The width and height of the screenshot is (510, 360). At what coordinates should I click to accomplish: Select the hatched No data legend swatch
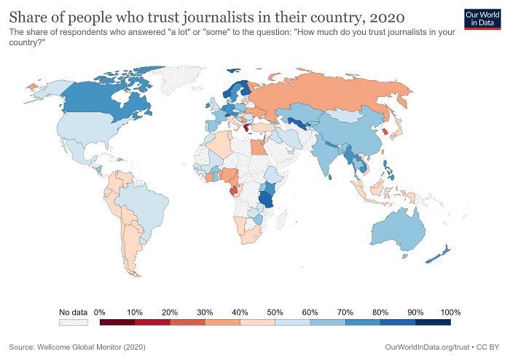[x=73, y=322]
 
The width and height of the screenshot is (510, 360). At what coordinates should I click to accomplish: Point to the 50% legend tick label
[x=275, y=312]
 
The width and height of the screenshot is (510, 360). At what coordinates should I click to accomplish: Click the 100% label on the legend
[x=450, y=312]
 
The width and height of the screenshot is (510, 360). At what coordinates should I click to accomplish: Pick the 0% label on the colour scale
[x=101, y=312]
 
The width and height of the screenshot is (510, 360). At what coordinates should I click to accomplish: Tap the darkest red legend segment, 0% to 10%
[x=117, y=322]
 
